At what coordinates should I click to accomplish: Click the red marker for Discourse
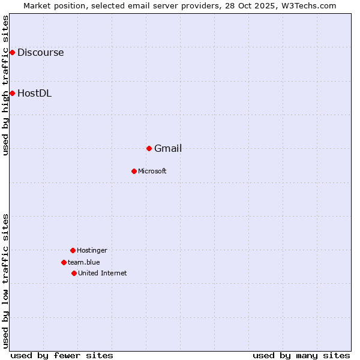point(12,52)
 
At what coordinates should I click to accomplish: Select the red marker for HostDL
point(12,93)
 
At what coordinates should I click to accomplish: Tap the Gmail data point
point(149,148)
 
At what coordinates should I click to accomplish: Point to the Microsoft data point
point(134,171)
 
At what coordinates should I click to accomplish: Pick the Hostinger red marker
point(73,250)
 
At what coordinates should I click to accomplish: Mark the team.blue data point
point(64,262)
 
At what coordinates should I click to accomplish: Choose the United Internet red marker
point(74,273)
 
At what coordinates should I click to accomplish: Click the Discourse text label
point(40,52)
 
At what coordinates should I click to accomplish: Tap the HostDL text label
point(34,93)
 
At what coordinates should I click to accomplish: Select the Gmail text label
point(168,148)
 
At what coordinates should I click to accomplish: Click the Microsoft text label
point(152,171)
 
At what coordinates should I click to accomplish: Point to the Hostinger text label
point(92,250)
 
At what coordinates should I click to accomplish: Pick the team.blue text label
point(84,262)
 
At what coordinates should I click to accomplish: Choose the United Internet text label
point(103,273)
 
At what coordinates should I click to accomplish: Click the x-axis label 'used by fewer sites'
point(62,355)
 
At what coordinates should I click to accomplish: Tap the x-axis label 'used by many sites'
point(301,355)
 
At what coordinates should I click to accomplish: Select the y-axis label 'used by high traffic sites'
point(5,85)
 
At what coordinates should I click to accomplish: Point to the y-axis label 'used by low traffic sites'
point(5,281)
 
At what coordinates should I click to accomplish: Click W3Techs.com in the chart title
point(308,5)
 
